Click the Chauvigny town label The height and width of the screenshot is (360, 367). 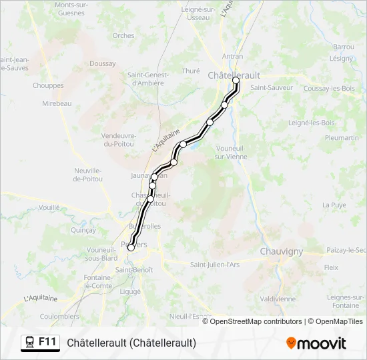click(281, 251)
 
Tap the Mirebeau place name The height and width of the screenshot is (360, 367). click(57, 103)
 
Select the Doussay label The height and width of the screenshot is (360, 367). click(102, 63)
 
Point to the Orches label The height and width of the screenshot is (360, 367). click(123, 35)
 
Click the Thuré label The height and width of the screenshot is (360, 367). click(191, 71)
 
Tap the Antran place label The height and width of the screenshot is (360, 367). click(232, 57)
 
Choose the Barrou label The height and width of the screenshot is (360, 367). click(344, 47)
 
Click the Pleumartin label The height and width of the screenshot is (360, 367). click(342, 137)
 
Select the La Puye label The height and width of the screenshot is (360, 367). click(334, 205)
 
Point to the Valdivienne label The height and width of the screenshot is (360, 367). click(278, 299)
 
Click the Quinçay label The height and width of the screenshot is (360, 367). click(83, 229)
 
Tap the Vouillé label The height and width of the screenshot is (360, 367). click(49, 207)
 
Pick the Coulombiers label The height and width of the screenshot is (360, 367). click(59, 316)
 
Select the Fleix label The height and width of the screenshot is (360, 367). click(331, 267)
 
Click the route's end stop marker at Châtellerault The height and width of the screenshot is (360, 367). click(236, 81)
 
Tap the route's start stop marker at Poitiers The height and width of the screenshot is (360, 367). click(131, 247)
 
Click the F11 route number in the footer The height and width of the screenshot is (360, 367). click(47, 342)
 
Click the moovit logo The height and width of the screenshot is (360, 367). click(316, 343)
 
